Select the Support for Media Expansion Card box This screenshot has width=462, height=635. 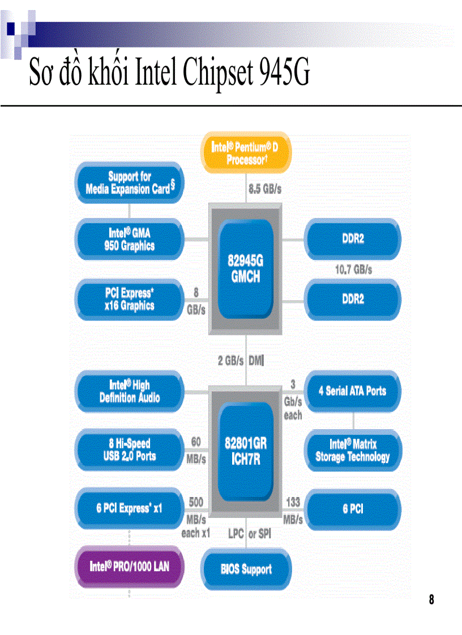point(130,183)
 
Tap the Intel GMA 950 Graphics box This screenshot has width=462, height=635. point(130,239)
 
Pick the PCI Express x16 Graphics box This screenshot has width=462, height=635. point(130,299)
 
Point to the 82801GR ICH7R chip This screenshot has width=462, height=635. point(245,450)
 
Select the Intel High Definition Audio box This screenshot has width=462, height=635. point(130,391)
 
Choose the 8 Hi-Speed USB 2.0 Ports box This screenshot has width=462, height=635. point(130,450)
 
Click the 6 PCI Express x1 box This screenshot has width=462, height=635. point(130,508)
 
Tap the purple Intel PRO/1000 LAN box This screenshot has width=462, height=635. point(130,566)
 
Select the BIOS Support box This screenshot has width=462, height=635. point(246,569)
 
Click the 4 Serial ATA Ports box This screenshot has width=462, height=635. point(353,391)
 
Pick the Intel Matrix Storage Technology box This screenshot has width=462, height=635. point(353,450)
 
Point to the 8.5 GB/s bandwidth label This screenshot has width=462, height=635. point(264,189)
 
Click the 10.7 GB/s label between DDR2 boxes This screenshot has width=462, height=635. point(353,270)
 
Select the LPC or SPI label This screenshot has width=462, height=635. point(250,533)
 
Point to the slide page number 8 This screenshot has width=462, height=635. point(431,600)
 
